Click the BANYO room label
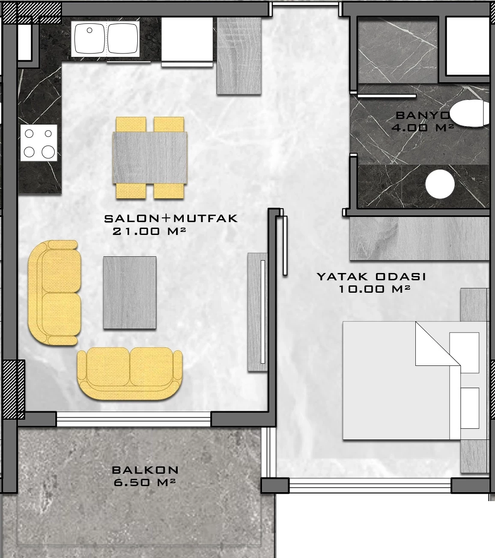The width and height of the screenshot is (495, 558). coord(423,116)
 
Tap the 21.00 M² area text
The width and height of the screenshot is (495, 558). coord(149,231)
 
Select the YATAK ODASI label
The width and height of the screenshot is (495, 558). coord(371,276)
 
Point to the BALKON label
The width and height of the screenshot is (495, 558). coord(145,470)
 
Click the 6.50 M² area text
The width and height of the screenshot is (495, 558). coord(145,482)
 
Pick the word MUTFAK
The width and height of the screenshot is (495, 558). coord(206,218)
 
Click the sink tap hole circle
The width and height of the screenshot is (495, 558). coord(89,30)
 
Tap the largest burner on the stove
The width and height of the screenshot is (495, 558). coord(48,152)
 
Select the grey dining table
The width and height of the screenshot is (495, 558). coord(150,158)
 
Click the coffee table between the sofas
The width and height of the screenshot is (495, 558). coord(130,293)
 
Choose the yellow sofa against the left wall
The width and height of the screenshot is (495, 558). coord(54,293)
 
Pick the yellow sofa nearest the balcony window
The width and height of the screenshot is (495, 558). coord(130,374)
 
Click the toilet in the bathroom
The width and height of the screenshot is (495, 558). coord(469,113)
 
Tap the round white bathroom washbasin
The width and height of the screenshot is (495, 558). coord(440,184)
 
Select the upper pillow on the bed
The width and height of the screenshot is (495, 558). coord(465,353)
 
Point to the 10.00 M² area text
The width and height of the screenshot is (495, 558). coord(375,289)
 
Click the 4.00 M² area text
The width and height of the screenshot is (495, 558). coord(423,128)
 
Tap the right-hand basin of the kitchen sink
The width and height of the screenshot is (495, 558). coord(122,38)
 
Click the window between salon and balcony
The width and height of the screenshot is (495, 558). coord(134,419)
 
